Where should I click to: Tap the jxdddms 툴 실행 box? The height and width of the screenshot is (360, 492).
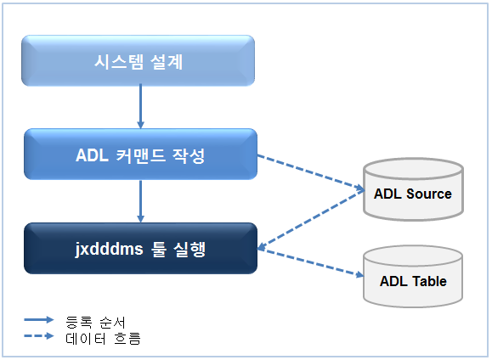click(x=140, y=248)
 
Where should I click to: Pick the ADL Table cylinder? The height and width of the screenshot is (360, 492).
click(x=413, y=278)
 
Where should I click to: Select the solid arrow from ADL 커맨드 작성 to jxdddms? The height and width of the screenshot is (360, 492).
click(x=140, y=200)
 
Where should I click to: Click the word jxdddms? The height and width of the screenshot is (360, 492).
click(x=108, y=249)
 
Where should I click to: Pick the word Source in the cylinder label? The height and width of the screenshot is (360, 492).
click(x=429, y=194)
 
